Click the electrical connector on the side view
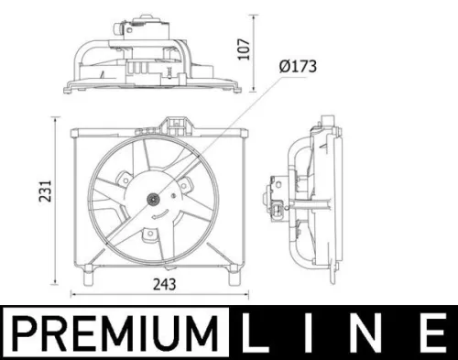(274, 194)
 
